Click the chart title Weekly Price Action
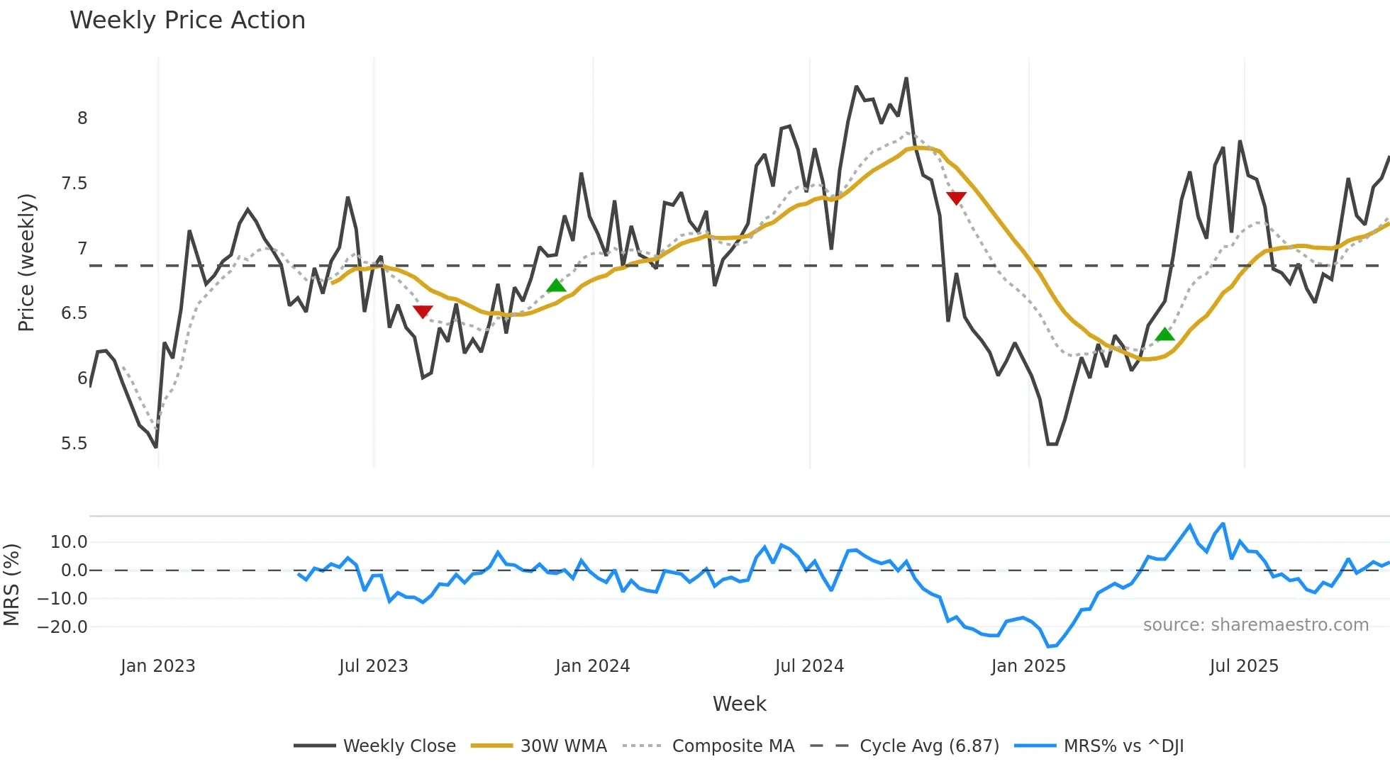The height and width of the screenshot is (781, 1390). coord(187,21)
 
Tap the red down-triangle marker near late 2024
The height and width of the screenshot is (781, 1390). coord(956,198)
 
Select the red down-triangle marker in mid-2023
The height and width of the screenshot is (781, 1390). coord(423,312)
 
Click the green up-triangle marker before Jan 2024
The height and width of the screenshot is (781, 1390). coord(557,286)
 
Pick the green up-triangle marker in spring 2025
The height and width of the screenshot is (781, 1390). coord(1164,335)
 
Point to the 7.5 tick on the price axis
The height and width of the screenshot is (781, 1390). coord(74,184)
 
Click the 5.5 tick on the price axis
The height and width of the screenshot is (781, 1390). coord(74,444)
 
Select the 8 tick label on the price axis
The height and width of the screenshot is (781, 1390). coord(82,118)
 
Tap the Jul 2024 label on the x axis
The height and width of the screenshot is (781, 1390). coord(809,666)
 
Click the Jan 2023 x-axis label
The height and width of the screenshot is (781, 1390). coord(157,666)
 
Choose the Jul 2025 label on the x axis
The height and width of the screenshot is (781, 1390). coord(1244,666)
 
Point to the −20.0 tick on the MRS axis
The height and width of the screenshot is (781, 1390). coord(62,627)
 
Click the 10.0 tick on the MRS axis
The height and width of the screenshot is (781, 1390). coord(69,542)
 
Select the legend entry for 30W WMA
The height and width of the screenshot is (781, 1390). coord(563,746)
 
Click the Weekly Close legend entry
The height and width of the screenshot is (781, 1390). coord(399,746)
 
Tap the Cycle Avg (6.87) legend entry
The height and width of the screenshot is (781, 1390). coord(929,746)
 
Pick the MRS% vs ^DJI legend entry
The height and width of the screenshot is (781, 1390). coord(1123,746)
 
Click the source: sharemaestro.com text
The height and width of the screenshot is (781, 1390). coord(1255,625)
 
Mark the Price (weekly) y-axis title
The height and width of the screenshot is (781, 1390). coord(26,262)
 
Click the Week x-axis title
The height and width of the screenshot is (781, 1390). coord(739,704)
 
